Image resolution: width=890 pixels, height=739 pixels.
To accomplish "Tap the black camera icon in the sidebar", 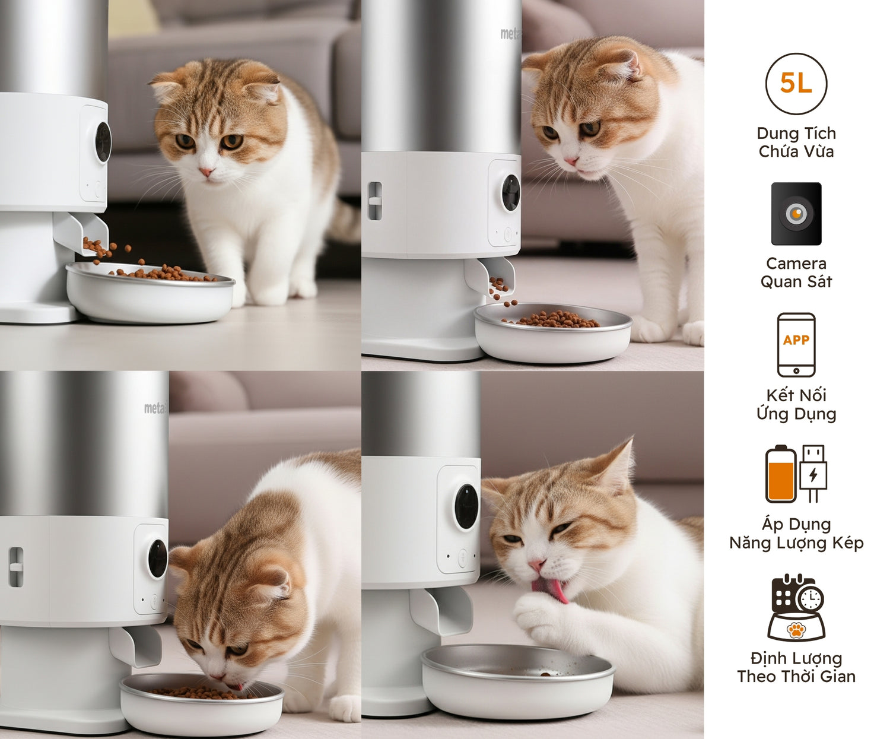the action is point(796,214).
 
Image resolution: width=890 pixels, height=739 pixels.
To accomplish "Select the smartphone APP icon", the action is point(796,344).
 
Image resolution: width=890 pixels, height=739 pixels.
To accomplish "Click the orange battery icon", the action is point(780,474).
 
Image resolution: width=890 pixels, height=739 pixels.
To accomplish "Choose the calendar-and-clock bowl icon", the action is point(796,607).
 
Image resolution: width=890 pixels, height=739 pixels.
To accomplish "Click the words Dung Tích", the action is point(796,134).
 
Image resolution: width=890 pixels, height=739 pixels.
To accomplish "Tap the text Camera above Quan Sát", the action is point(796,264).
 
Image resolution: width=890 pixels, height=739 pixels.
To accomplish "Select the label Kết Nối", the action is point(796,395).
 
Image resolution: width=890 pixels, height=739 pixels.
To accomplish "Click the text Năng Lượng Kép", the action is point(796,543).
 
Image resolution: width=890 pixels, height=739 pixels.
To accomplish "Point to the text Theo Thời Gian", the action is point(796,676).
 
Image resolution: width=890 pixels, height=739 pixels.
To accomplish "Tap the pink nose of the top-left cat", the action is point(206,172).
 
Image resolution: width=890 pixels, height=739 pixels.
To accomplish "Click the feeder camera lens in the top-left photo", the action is point(103,142).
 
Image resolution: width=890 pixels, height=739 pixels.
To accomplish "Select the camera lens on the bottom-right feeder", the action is point(466,506).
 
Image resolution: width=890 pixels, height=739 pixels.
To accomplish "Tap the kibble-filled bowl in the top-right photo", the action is point(553,332).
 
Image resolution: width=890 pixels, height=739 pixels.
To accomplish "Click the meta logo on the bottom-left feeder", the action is point(155,408).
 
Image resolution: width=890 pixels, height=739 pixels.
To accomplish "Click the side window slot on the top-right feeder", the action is point(374,201).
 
